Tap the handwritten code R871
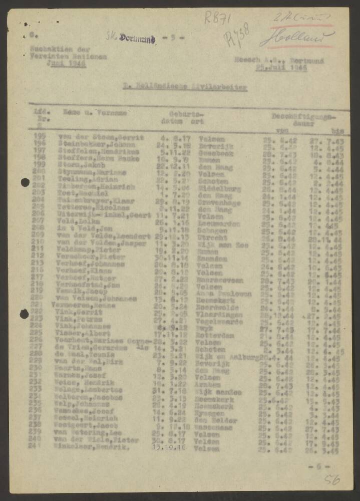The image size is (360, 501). click(x=217, y=18)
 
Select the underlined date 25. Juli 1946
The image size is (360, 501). click(x=281, y=67)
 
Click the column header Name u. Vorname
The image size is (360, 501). click(x=95, y=113)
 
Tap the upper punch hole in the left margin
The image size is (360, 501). click(x=25, y=182)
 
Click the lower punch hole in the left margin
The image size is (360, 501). click(x=24, y=314)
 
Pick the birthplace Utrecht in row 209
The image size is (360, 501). click(x=212, y=235)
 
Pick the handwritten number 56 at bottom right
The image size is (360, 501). click(x=331, y=480)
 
